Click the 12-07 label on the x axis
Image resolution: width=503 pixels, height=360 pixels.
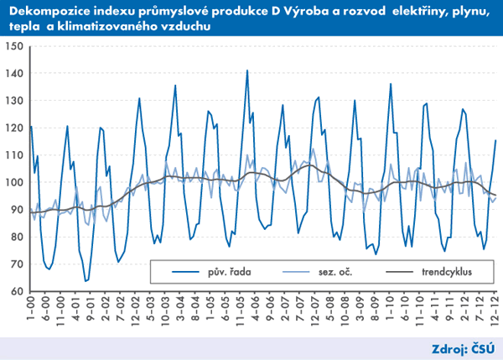click(313, 310)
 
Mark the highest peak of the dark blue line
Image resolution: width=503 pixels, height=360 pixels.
click(247, 70)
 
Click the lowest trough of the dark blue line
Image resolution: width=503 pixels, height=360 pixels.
click(86, 280)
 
